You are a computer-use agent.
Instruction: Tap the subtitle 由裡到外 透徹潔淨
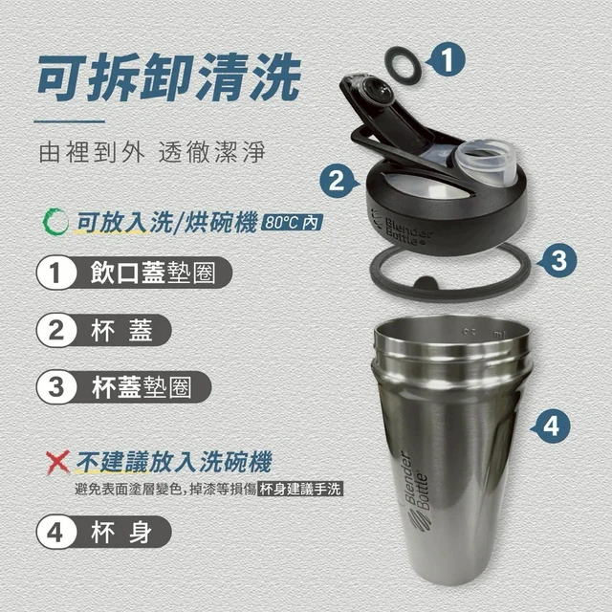[152, 152]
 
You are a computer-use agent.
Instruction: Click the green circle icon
[55, 222]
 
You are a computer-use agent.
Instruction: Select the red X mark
[57, 462]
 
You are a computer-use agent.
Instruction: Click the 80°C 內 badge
[292, 223]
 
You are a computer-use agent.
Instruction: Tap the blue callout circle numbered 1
[447, 60]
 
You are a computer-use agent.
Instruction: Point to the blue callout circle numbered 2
[337, 181]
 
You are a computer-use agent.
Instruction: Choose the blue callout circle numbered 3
[558, 260]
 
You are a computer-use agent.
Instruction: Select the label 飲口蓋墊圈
[153, 272]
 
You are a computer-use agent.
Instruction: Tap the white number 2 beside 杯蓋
[56, 330]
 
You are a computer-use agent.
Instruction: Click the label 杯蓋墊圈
[142, 387]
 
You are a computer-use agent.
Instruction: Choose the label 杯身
[121, 532]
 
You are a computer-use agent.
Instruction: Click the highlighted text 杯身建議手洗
[300, 489]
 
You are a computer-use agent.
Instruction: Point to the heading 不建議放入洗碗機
[174, 462]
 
